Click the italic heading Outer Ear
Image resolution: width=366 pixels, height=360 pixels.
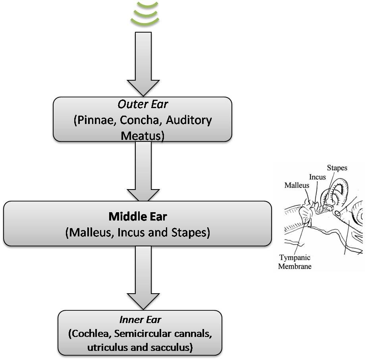[143, 105]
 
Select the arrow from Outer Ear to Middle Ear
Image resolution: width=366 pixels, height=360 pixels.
[143, 171]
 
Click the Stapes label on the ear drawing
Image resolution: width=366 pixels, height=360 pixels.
[337, 168]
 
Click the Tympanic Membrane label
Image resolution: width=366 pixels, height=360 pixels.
[295, 261]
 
